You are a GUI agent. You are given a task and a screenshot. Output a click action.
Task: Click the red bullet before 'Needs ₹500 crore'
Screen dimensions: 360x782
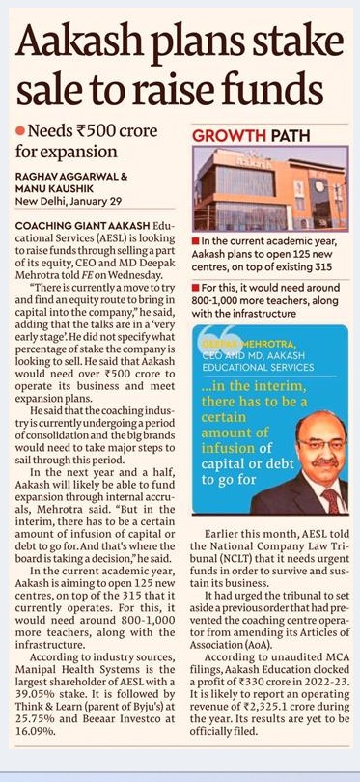pos(19,130)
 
